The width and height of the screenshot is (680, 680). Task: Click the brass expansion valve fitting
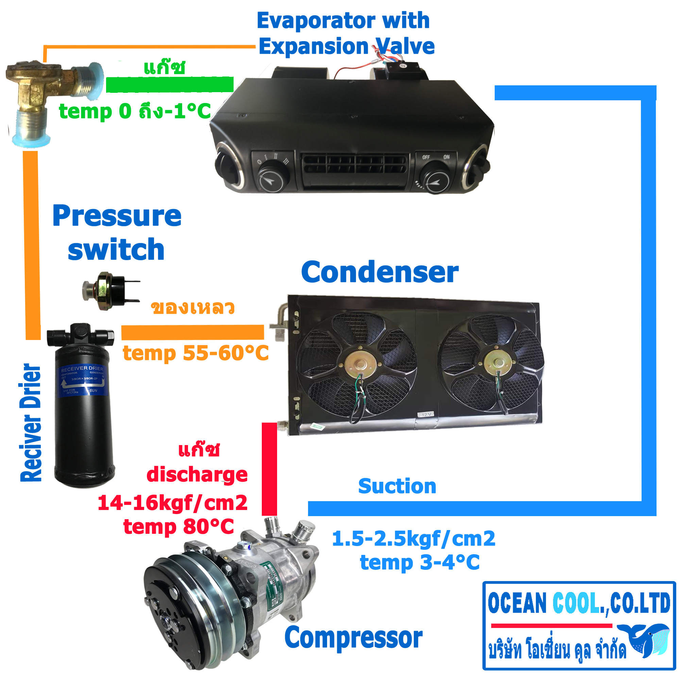pos(42,91)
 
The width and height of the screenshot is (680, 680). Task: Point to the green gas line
pos(170,84)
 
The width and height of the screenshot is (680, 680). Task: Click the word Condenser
pos(380,272)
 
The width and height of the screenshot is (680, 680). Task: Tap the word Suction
pos(397,486)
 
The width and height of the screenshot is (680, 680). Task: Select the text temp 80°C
pos(178,527)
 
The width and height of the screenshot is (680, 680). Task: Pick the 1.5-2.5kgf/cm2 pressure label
pos(413,539)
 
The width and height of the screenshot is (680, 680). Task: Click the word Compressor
pos(353,637)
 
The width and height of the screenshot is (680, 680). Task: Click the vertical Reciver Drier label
pos(31,422)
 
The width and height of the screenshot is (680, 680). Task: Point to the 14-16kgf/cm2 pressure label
pos(172,503)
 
